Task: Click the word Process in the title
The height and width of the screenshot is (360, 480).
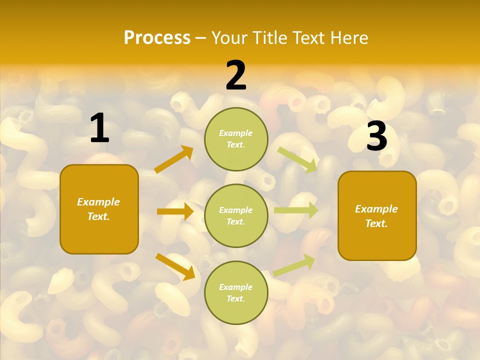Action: coord(157,38)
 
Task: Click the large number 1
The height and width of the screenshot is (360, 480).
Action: coord(99,128)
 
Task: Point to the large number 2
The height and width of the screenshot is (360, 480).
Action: coord(236,75)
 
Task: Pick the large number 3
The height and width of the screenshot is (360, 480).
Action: coord(376,136)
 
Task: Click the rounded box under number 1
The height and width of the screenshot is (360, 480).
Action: coord(99,209)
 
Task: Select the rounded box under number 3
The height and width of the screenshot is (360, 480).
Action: coord(377,215)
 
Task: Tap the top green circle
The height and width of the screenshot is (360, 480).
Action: coord(236,139)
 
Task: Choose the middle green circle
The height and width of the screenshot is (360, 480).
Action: coord(236,215)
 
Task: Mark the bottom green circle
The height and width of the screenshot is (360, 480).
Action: coord(236,292)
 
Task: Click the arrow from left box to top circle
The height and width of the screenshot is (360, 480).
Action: coord(174,159)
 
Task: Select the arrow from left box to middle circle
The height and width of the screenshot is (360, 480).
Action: coord(175,211)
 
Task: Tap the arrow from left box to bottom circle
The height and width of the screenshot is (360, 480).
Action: coord(175,266)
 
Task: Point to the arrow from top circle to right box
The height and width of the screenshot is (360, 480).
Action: coord(297,159)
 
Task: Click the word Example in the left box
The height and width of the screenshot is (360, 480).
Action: coord(98,202)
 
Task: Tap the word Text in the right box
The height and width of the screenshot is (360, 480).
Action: coord(376,223)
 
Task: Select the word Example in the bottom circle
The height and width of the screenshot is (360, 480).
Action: coord(235,287)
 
